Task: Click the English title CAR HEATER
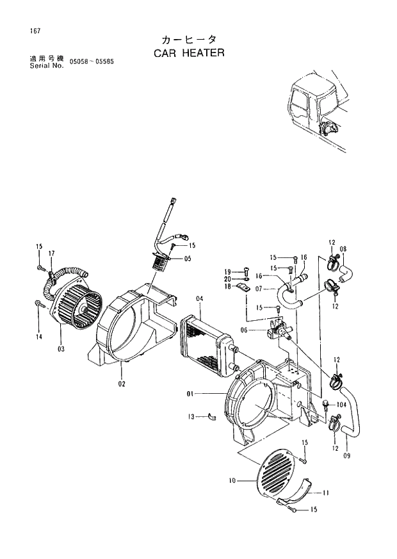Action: (x=189, y=53)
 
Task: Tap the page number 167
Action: (x=25, y=30)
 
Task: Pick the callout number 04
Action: (x=199, y=299)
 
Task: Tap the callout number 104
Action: (x=342, y=405)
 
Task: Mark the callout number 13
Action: (x=191, y=417)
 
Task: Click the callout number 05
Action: (x=188, y=259)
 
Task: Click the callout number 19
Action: (x=227, y=271)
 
